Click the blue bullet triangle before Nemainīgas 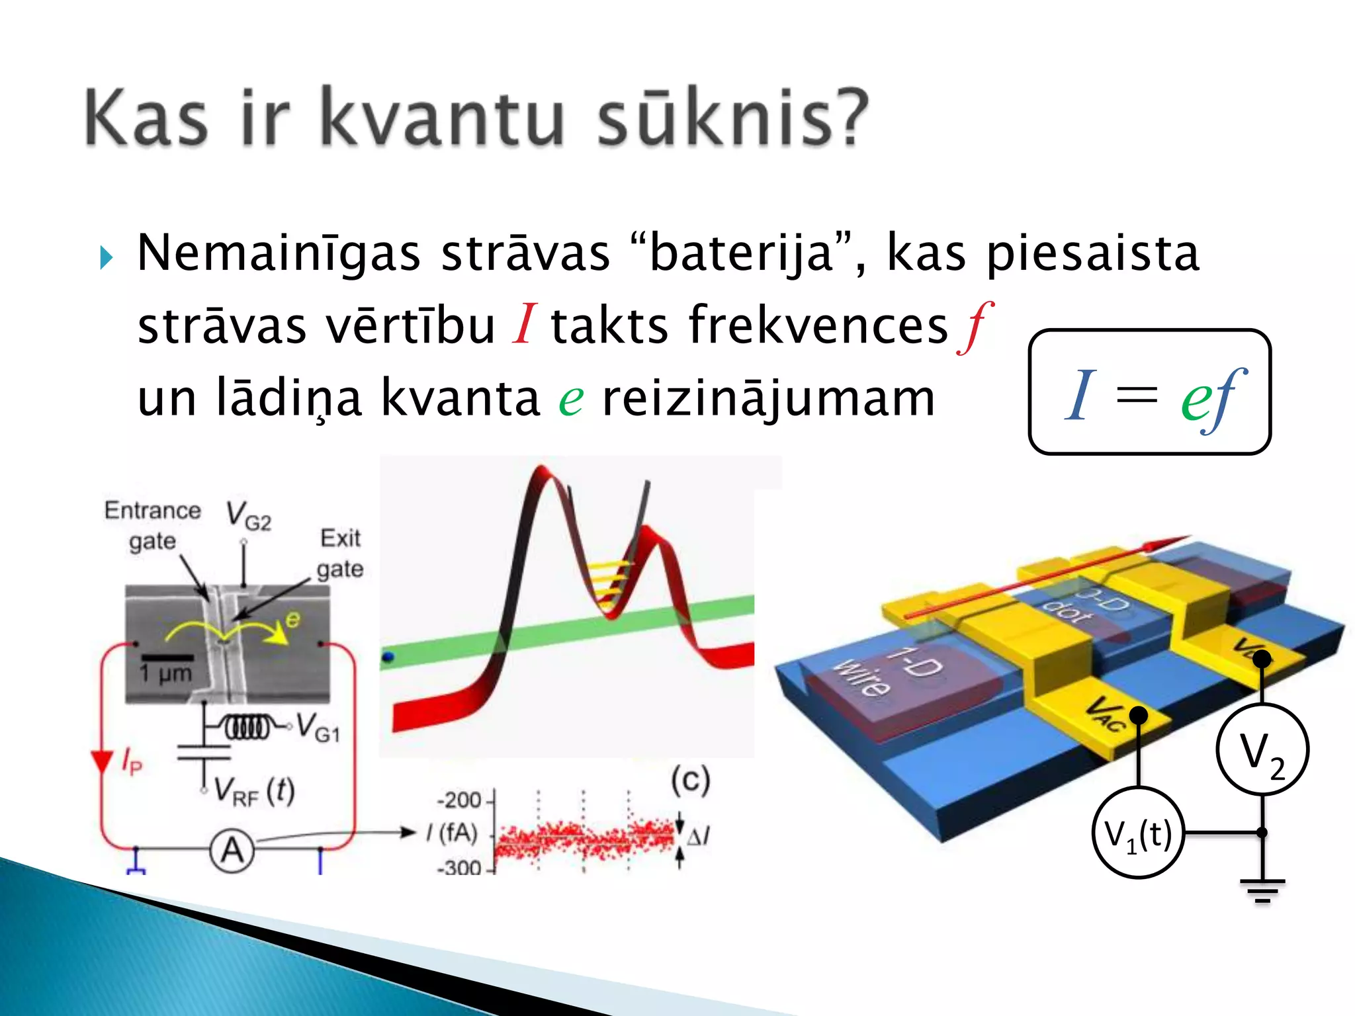107,257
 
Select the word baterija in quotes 742,253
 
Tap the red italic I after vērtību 523,325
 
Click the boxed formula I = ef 1149,392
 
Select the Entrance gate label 153,525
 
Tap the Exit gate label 340,553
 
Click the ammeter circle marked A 232,851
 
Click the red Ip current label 132,761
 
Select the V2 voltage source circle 1262,750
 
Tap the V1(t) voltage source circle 1138,833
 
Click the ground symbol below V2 1262,890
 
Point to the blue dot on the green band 388,657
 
